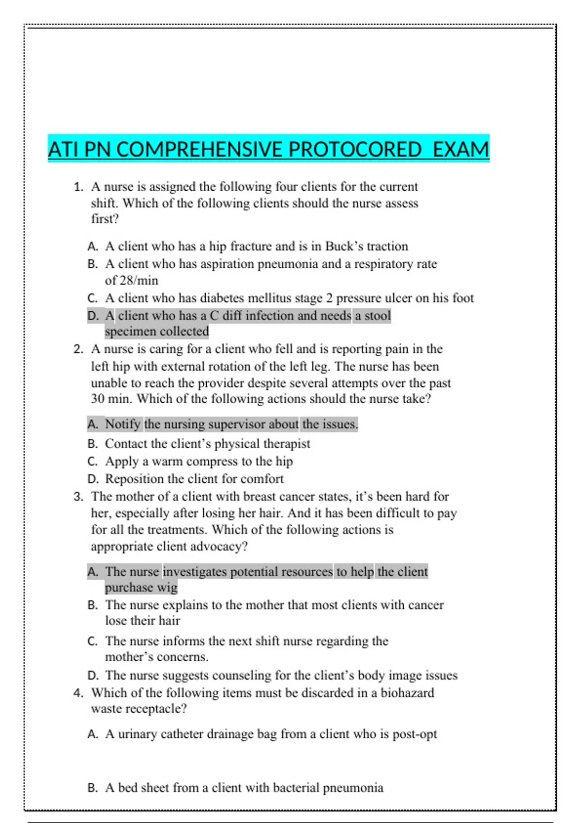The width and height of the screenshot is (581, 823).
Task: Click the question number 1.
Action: (x=78, y=187)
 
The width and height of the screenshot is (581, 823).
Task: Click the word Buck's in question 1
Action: (x=344, y=246)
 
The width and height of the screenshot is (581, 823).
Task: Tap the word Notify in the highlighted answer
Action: (x=123, y=424)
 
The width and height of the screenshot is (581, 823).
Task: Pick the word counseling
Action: (x=242, y=675)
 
